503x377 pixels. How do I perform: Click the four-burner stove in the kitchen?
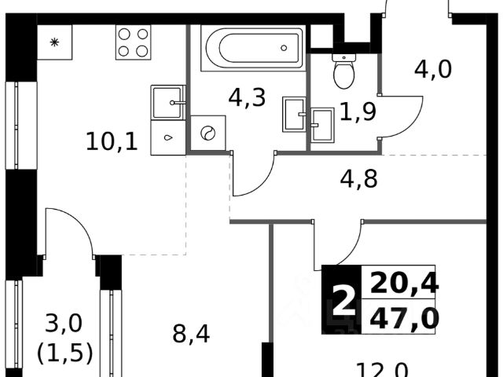coord(133,42)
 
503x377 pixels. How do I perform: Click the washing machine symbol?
coord(208,134)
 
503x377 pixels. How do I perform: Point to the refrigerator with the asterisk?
coord(54,42)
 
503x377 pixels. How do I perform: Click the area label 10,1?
coord(112,142)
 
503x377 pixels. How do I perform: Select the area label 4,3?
coord(247,98)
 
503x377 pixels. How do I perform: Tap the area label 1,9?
coord(357,113)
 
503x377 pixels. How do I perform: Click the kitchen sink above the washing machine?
coord(167,102)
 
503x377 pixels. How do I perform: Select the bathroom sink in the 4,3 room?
coord(294,115)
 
